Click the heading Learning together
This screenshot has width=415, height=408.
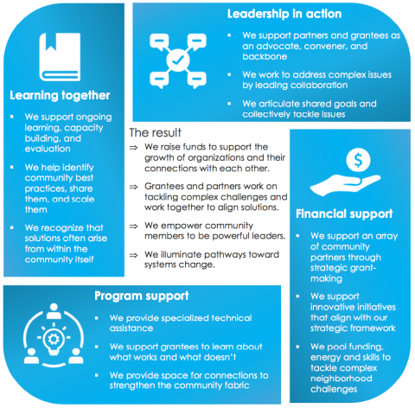tap(60, 96)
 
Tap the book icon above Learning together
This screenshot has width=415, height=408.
tap(60, 57)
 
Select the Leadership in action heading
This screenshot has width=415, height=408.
tap(284, 14)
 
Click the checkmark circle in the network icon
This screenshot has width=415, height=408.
tap(178, 61)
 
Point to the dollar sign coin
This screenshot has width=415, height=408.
tap(358, 160)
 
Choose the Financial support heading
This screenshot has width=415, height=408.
tap(344, 214)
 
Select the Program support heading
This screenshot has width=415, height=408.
tap(142, 296)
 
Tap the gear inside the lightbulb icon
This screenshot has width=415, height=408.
tap(54, 339)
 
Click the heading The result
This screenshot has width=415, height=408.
tap(155, 132)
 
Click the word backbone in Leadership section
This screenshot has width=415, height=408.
tap(265, 56)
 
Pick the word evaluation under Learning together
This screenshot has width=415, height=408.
tap(48, 149)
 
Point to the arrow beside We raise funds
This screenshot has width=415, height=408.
tap(133, 148)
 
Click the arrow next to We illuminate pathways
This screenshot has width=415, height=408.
tap(133, 255)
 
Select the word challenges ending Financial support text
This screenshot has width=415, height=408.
tap(334, 389)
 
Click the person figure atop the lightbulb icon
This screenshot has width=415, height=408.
tap(54, 311)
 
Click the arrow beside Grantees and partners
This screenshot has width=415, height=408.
tap(133, 187)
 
